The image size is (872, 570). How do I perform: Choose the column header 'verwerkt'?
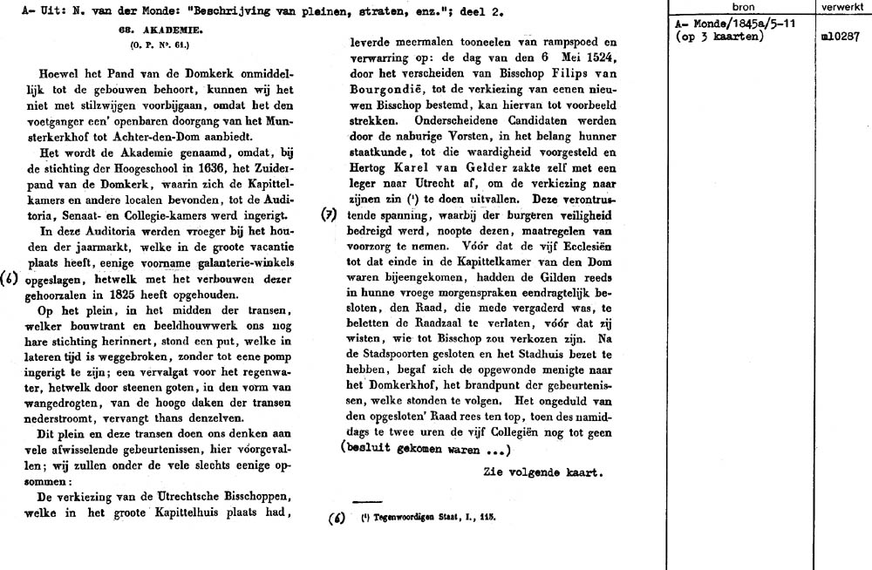tap(841, 6)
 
